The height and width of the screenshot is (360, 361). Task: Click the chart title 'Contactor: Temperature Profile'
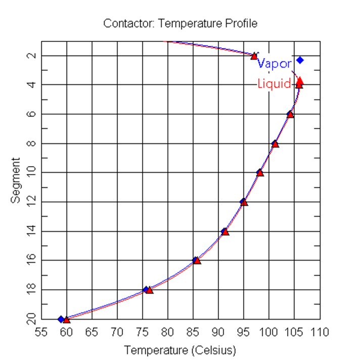point(180,23)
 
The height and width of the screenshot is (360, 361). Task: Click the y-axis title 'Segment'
point(17,180)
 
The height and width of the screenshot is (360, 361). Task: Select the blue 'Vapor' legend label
point(274,64)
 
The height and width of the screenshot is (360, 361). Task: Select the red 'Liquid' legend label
point(274,83)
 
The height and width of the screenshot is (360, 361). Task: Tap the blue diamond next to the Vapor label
point(300,60)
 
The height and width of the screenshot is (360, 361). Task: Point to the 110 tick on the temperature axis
point(320,333)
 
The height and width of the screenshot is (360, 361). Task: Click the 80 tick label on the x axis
point(168,333)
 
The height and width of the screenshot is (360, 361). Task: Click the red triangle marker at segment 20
point(67,320)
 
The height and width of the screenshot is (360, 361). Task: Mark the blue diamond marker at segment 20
point(61,319)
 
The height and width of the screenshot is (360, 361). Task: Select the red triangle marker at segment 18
point(149,290)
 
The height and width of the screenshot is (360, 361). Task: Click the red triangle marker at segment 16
point(197,261)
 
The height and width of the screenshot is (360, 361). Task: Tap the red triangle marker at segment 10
point(260,173)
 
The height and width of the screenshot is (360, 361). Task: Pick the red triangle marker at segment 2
point(254,56)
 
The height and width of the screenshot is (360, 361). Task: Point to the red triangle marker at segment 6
point(291,115)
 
